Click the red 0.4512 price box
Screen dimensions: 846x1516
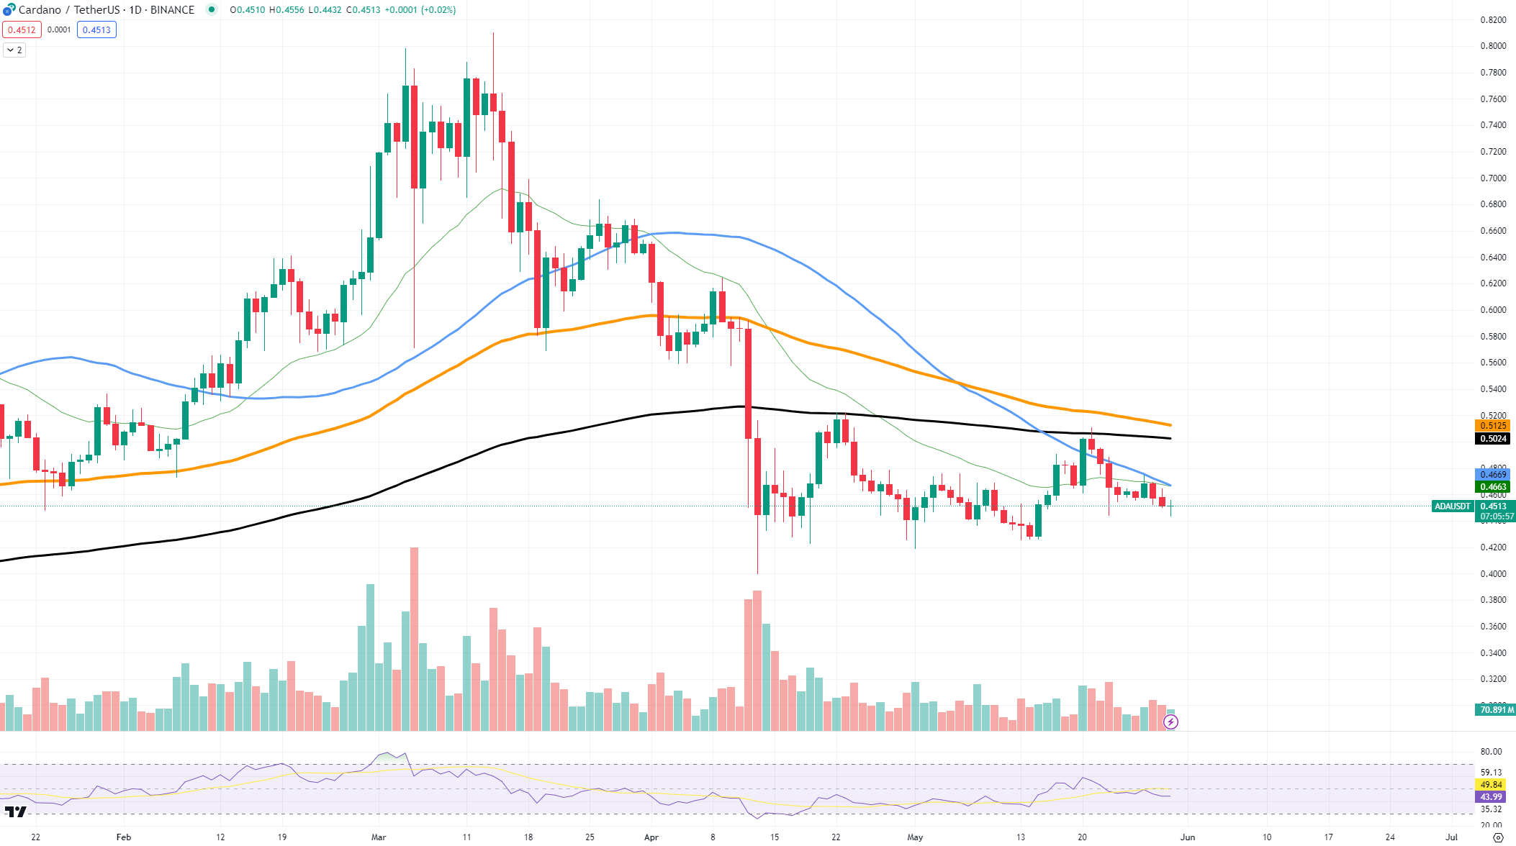22,29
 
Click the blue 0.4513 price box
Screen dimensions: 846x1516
96,29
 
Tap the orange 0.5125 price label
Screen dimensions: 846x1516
1493,426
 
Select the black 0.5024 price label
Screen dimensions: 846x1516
1493,439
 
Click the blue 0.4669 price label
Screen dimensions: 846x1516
1493,475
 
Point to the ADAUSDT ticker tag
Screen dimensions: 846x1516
1452,506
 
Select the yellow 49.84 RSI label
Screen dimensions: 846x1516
1492,785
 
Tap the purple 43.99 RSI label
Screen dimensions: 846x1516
1492,797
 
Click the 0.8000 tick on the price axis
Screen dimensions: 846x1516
1493,46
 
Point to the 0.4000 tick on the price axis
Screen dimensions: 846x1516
1493,574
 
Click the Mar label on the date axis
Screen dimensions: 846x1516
379,837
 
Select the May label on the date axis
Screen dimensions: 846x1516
915,837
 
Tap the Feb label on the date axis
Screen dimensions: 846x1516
124,837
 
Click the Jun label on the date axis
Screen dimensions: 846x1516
1188,837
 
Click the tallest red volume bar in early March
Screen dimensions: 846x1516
414,639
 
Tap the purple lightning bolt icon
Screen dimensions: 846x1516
1171,722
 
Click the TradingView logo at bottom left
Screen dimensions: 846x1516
15,812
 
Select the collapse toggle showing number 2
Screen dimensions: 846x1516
14,50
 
